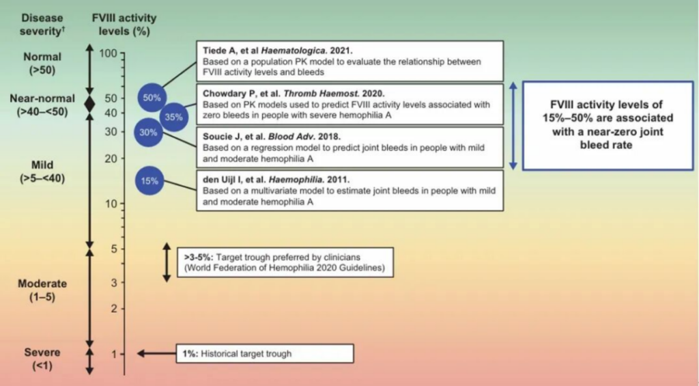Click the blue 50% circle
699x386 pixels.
pos(152,97)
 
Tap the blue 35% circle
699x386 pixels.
pos(174,117)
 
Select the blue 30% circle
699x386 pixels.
pos(148,133)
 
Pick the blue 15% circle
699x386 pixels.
pos(149,181)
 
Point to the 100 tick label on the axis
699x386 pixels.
pos(108,53)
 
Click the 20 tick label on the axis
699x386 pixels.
pos(111,159)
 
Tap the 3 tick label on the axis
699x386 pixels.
pos(115,282)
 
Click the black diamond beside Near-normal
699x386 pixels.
pos(89,105)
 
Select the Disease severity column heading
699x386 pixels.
pos(42,25)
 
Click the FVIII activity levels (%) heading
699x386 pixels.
pos(124,25)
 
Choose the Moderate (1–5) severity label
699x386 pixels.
pos(42,290)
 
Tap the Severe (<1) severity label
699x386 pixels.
pos(42,359)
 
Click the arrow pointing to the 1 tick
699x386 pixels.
pos(157,353)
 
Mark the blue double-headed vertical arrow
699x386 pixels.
pos(513,126)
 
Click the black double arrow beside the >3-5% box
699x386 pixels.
pos(167,262)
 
